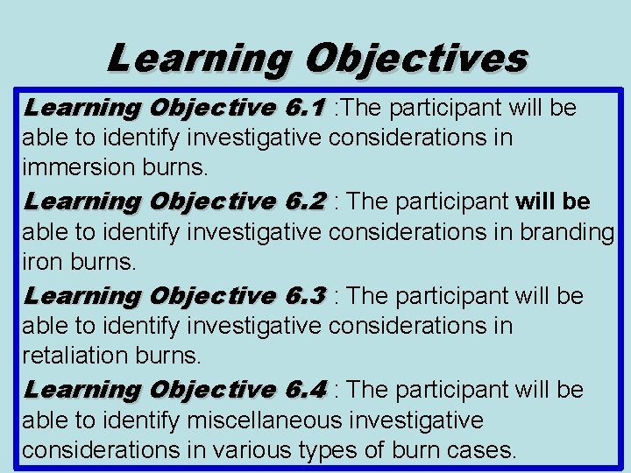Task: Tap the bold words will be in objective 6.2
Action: pos(553,201)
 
